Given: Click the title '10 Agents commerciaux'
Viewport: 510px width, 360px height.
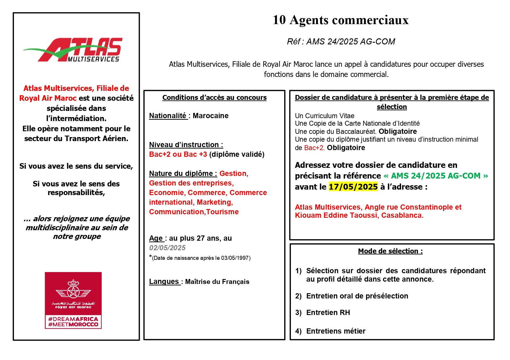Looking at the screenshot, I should (x=341, y=20).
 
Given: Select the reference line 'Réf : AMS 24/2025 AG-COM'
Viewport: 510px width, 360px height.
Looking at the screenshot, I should (x=341, y=42).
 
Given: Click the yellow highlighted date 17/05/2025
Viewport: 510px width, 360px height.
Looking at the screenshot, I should (x=353, y=187).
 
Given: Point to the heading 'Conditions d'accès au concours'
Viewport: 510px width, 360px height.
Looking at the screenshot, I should (x=214, y=98).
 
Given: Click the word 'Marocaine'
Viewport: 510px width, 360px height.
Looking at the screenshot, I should (x=210, y=116).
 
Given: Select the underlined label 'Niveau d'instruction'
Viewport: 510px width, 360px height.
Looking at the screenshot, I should (x=186, y=145).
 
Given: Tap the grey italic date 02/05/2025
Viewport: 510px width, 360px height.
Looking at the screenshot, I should (x=167, y=248).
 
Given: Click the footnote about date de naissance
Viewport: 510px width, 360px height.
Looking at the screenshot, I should (x=201, y=258).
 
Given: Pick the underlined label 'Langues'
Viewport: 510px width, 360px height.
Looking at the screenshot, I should (x=164, y=281).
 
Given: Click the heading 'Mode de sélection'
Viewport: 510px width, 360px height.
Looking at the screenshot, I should (x=390, y=251).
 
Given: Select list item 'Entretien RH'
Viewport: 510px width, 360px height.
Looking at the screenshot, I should (x=328, y=312).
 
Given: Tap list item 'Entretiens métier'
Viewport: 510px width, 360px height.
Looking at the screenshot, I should (x=336, y=331).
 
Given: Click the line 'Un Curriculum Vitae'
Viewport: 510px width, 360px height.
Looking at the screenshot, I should (x=325, y=116).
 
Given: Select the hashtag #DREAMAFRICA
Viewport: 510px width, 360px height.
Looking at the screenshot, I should (x=73, y=319).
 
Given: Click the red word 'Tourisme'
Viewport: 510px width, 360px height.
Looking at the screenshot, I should (x=222, y=212).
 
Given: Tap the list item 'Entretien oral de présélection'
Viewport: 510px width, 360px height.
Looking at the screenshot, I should (x=357, y=296).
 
